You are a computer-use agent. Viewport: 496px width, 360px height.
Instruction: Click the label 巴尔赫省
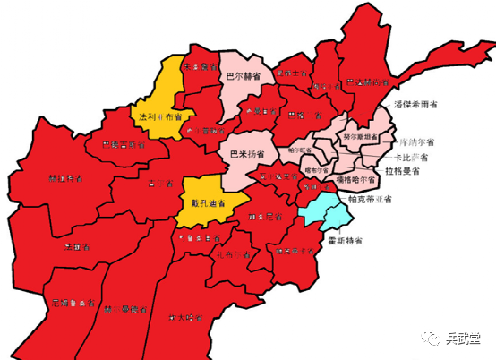[x=244, y=77]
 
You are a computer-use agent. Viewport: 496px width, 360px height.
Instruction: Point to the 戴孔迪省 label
[x=208, y=203]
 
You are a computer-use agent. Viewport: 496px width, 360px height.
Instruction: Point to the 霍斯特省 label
[x=343, y=241]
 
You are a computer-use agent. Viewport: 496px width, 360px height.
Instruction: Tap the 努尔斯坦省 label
[x=360, y=137]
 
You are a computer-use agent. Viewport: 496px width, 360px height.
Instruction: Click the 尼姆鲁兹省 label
[x=73, y=303]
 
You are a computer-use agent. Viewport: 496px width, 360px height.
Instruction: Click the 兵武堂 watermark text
[x=464, y=338]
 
